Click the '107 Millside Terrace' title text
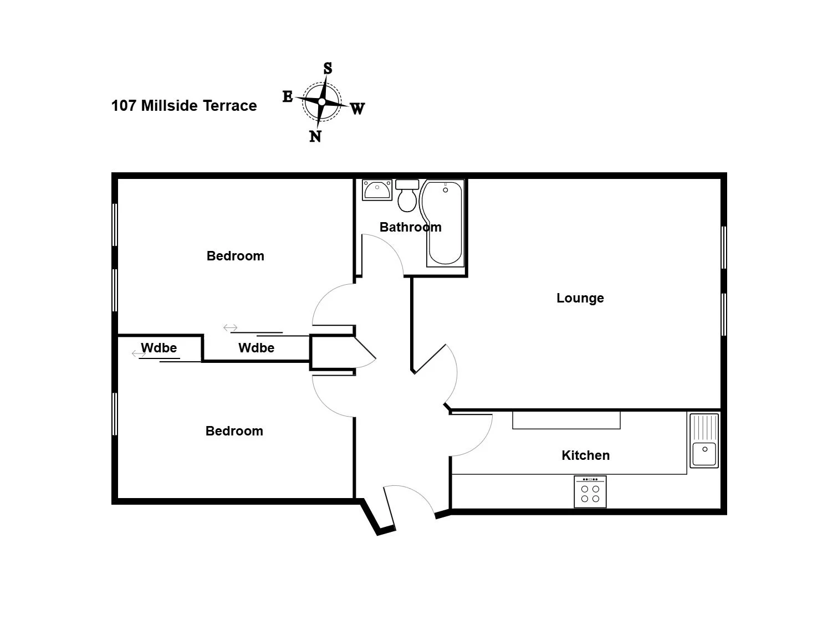click(184, 106)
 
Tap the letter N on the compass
click(315, 136)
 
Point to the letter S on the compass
click(328, 68)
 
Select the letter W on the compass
click(357, 109)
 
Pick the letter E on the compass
click(288, 96)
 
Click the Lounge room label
click(580, 298)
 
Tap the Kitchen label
click(585, 455)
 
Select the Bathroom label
click(410, 227)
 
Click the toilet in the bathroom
click(407, 196)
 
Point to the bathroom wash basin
click(377, 190)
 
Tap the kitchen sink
click(704, 440)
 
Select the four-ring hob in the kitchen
click(590, 492)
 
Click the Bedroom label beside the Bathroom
click(236, 256)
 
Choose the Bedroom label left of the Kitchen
click(234, 431)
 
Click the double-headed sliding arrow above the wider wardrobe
click(231, 328)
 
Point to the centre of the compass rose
click(322, 102)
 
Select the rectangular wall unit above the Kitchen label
click(566, 421)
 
